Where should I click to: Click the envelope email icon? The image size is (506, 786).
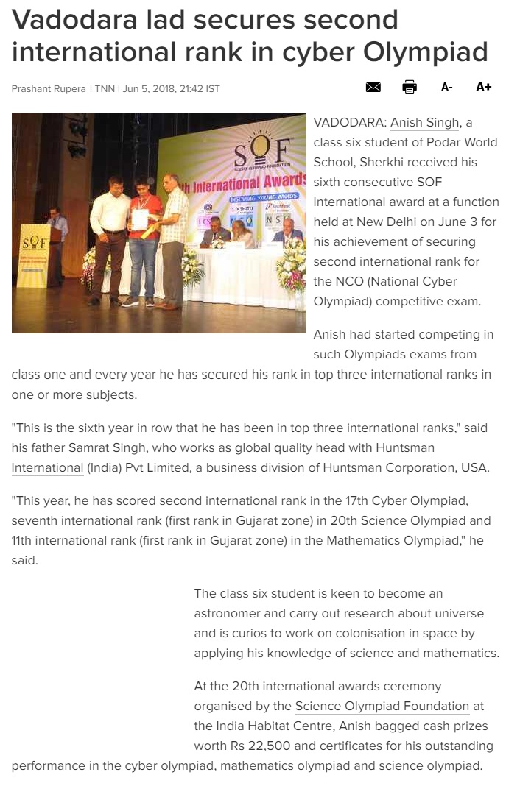[373, 88]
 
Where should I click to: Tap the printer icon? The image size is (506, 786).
[410, 88]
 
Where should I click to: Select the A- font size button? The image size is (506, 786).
[446, 88]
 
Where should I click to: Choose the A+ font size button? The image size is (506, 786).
[483, 88]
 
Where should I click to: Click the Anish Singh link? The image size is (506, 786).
[424, 122]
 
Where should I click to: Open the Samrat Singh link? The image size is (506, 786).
[107, 447]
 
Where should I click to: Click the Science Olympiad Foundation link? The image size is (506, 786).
[382, 706]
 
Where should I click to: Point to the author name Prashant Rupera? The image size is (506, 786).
[49, 89]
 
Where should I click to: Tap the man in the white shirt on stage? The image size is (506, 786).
[108, 236]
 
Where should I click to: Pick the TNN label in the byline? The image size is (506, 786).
[104, 89]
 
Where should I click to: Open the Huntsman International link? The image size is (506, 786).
[405, 447]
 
